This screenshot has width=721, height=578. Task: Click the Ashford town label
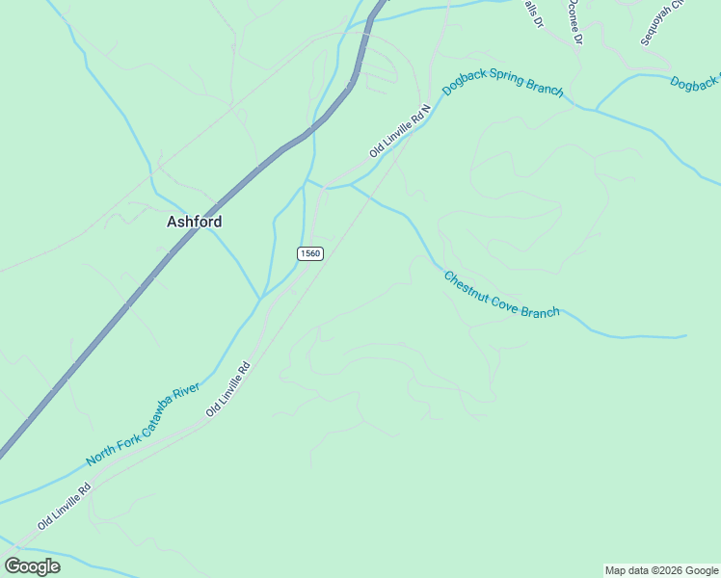point(194,222)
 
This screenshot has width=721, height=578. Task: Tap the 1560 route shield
point(309,253)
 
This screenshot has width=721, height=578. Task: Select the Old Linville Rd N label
point(399,132)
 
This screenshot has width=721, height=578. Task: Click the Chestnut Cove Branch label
point(501,295)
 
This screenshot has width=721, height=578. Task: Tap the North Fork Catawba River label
point(143,425)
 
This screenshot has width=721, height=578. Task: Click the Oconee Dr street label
point(575,21)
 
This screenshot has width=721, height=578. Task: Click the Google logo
point(32,565)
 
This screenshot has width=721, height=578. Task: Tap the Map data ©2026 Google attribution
point(661,570)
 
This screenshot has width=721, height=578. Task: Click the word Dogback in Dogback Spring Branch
point(465,79)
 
